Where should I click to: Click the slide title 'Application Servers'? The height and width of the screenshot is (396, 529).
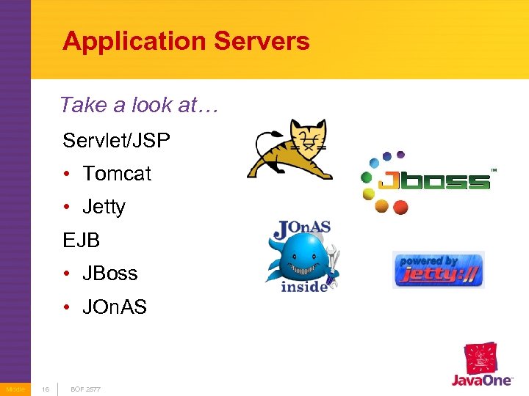[186, 41]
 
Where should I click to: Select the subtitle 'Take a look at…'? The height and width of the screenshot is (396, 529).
[139, 105]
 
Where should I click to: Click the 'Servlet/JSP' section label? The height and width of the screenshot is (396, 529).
[116, 139]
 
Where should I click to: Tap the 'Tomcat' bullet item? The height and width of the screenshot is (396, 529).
[116, 174]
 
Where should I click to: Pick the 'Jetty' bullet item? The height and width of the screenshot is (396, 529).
[104, 207]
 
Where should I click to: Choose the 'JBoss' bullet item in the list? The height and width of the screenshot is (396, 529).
[110, 274]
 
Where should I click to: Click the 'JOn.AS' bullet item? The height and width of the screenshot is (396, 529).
[115, 307]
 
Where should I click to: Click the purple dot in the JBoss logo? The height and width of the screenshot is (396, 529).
[400, 155]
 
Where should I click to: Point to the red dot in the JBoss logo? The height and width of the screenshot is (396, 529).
[400, 208]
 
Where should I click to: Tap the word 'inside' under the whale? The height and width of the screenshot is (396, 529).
[303, 286]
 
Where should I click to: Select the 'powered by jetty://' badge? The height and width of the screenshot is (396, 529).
[438, 269]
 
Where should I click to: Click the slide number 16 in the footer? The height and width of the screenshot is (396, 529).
[46, 389]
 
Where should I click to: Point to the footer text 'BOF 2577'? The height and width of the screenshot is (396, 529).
[86, 389]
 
